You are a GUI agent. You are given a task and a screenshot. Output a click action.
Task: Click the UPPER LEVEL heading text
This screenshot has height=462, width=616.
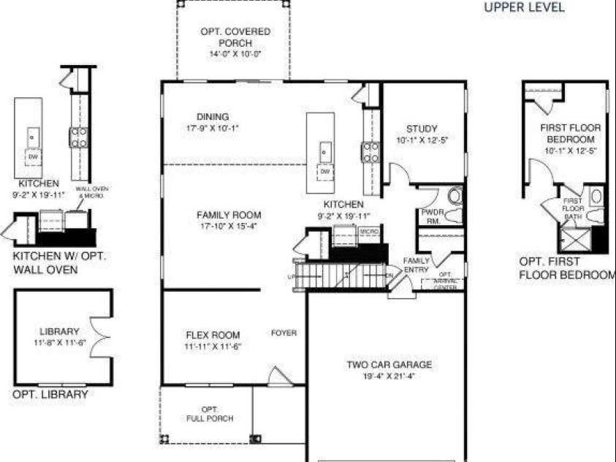coord(525,8)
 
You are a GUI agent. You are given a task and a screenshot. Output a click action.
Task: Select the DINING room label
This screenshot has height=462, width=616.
coord(213,117)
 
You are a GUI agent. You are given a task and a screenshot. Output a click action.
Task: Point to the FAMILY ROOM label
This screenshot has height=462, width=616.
coord(229,215)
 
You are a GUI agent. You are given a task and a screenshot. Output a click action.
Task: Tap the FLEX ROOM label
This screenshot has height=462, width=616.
coord(213,336)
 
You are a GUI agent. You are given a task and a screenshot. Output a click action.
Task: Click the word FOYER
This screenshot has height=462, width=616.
coord(284,333)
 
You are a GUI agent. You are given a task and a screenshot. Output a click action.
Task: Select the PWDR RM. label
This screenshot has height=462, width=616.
coord(430,216)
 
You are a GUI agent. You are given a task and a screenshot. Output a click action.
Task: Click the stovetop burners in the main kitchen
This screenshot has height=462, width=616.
coord(371,151)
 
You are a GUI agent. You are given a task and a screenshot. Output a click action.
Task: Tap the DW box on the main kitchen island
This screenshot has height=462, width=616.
coord(324,171)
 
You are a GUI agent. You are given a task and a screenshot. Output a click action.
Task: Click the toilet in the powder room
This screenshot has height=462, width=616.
coord(455,197)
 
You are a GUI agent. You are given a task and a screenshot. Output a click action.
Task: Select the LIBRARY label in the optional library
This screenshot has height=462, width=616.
coord(60,331)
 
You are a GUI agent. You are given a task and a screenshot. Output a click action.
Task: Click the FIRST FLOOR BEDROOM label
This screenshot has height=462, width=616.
coord(570,133)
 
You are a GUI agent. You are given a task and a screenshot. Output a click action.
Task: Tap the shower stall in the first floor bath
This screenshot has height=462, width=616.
coord(574,238)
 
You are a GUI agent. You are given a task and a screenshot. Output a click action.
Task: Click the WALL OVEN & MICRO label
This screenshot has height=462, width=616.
coord(92,192)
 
